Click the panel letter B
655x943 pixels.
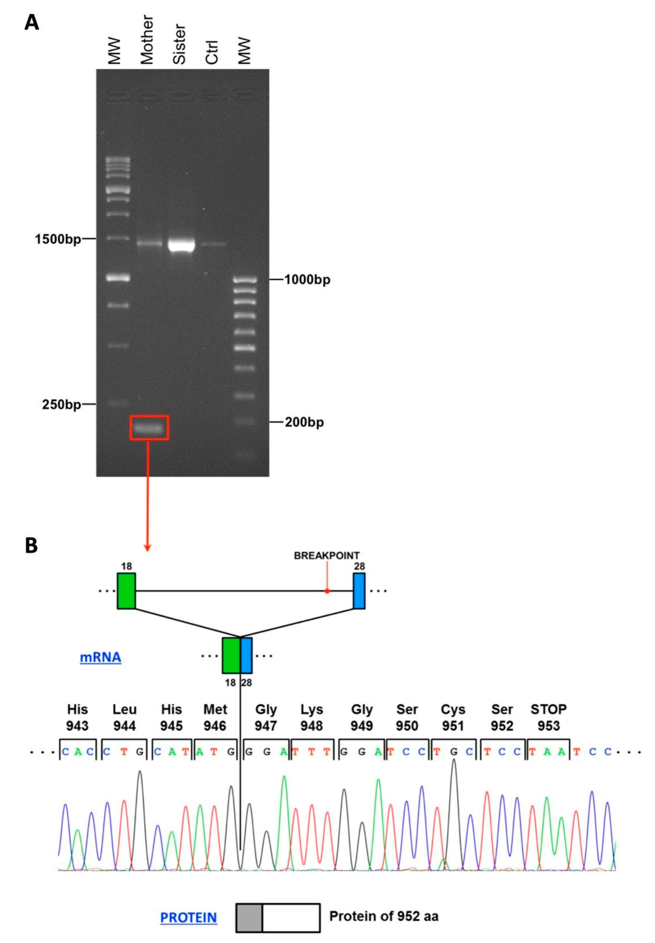(31, 546)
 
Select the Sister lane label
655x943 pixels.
(179, 45)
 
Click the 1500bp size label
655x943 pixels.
(58, 239)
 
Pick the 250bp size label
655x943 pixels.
(62, 404)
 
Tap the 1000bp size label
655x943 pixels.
(307, 280)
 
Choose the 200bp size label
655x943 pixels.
(304, 422)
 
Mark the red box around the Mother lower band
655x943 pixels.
(150, 428)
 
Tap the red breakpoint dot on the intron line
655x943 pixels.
(327, 591)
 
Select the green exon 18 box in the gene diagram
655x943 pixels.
(126, 591)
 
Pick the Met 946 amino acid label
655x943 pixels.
(215, 717)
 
